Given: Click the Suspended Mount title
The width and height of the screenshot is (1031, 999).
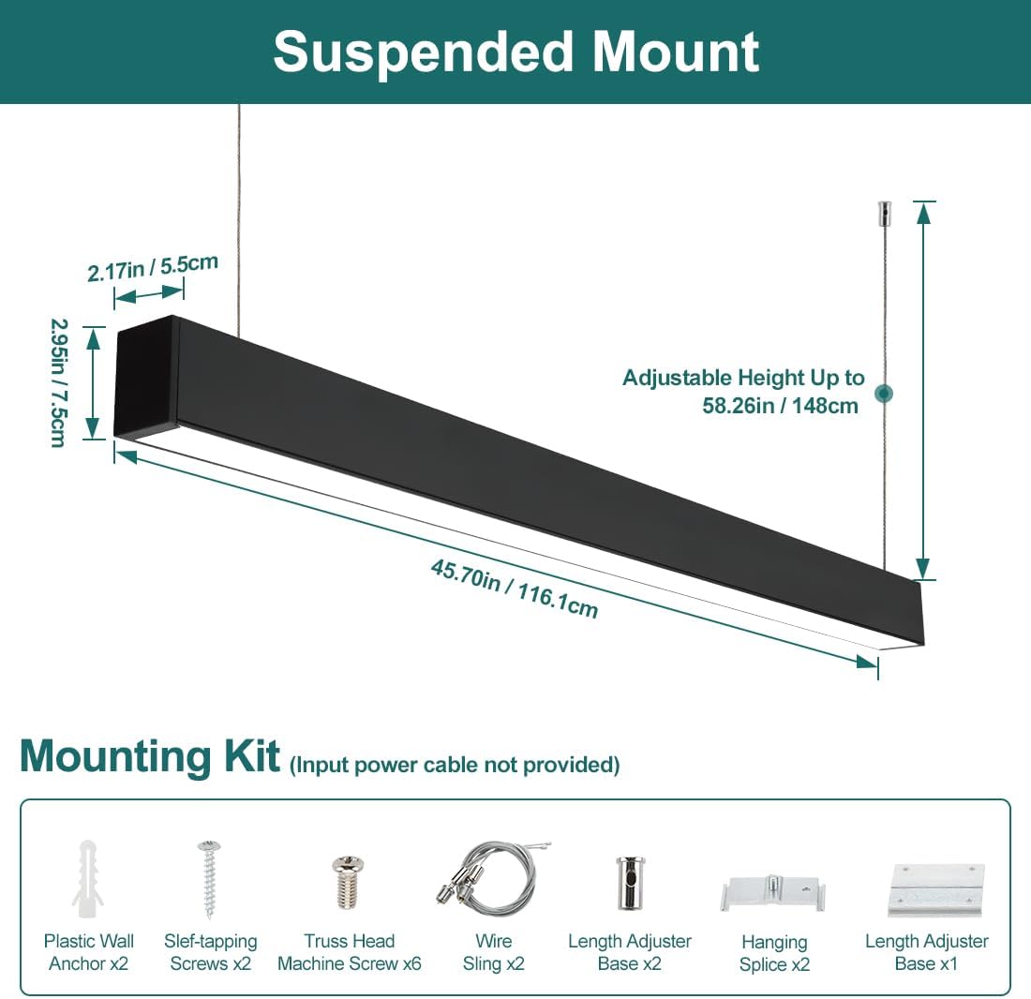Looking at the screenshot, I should point(515,52).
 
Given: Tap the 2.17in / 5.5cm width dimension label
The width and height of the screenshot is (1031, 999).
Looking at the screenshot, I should point(152,267).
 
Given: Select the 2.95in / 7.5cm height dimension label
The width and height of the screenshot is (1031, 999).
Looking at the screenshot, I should point(57,382).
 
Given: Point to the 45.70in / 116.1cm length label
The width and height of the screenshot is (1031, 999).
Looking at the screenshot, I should point(514,589).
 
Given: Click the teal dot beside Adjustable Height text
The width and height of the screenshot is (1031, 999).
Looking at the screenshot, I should point(883,394).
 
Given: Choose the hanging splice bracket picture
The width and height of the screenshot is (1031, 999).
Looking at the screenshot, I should point(773,893).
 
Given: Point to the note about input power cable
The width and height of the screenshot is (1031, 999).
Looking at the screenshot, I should point(455,765).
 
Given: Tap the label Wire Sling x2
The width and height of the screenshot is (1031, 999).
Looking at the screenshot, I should point(493,952).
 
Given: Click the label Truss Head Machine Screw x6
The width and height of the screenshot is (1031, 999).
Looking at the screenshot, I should point(350,952).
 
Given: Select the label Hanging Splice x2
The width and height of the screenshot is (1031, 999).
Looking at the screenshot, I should point(774,953).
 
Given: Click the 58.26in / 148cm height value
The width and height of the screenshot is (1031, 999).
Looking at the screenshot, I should point(780,407).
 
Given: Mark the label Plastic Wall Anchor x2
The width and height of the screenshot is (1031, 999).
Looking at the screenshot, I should point(89,952).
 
